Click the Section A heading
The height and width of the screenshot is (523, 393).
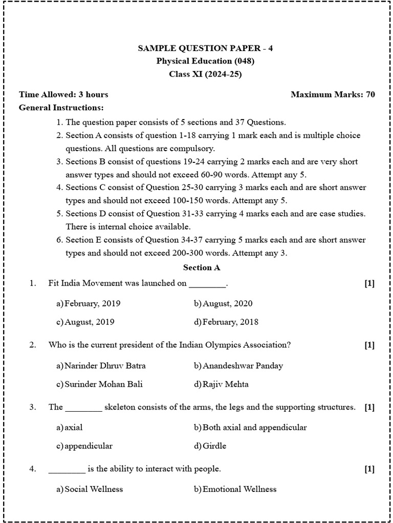tap(202, 267)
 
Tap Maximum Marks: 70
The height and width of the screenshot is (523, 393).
tap(333, 94)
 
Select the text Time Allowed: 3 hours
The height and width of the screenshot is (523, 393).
tap(63, 94)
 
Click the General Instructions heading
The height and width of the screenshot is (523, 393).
tap(61, 108)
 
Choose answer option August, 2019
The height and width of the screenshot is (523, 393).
tap(89, 322)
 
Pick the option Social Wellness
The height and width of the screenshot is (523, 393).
tap(94, 489)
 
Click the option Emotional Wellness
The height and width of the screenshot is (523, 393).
tap(239, 489)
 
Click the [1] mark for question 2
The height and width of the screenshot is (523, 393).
tap(369, 345)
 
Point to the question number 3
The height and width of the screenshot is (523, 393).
tap(32, 407)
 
